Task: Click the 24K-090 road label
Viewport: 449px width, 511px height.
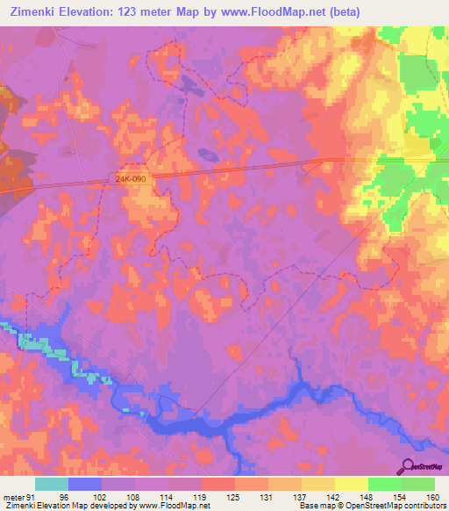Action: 130,178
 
